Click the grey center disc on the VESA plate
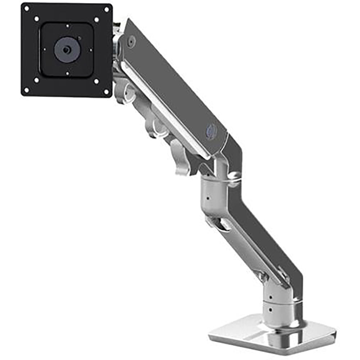coord(66,49)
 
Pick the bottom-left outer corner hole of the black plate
coord(26,90)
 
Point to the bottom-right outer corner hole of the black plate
coord(106,91)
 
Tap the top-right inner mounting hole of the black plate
coord(96,19)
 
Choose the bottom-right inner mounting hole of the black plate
coord(96,81)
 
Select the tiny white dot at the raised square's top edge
coord(67,26)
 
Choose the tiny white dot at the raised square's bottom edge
coord(67,73)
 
